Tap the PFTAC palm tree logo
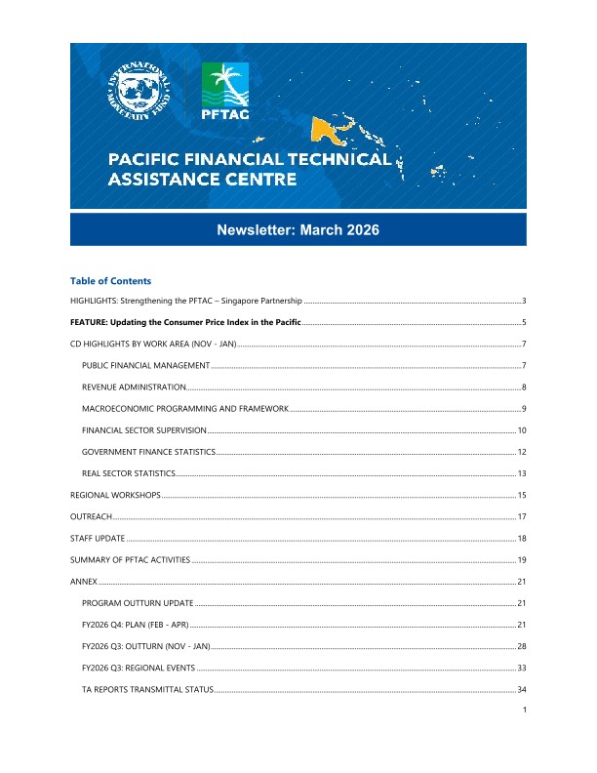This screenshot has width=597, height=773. [x=224, y=92]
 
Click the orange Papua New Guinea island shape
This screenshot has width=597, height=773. [x=326, y=127]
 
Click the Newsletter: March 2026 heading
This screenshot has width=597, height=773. [x=298, y=230]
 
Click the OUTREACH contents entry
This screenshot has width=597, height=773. [x=91, y=517]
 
